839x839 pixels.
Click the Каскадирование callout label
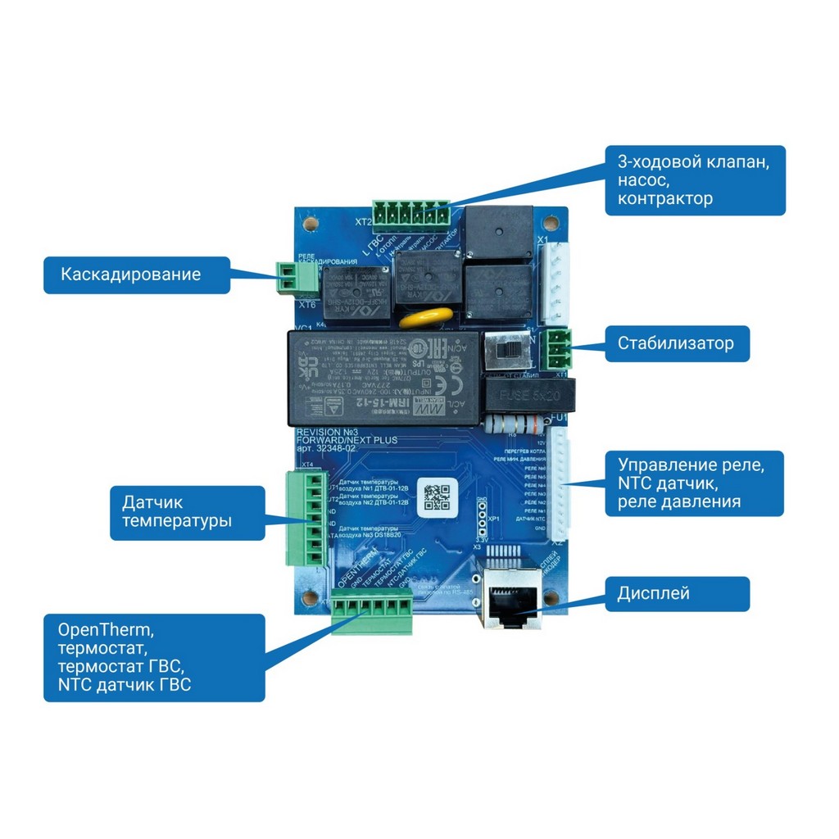click(136, 274)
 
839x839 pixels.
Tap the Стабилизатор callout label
click(677, 344)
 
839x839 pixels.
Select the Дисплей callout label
click(677, 593)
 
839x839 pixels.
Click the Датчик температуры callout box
click(188, 512)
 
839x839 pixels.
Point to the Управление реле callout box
click(693, 483)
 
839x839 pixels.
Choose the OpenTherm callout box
click(154, 658)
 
